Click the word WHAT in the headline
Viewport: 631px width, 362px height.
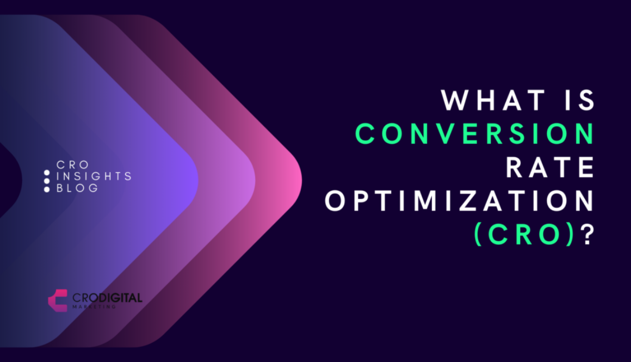coord(494,101)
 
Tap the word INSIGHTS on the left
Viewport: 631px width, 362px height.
coord(94,176)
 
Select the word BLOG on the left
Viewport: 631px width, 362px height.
coord(78,188)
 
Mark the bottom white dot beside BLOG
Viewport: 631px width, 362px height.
coord(47,189)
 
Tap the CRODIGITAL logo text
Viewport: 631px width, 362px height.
coord(107,298)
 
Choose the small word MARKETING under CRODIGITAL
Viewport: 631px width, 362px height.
coord(94,307)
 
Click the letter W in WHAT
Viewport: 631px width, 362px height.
coord(453,101)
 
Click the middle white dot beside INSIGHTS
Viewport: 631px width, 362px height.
coord(47,181)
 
